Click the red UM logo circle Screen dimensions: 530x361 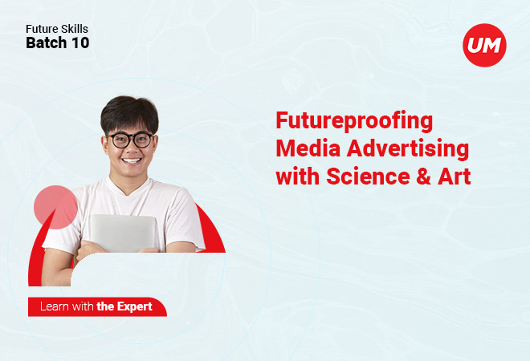point(484,45)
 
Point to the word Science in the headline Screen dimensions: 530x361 point(368,176)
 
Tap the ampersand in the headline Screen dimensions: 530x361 point(423,176)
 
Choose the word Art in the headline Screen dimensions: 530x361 point(455,176)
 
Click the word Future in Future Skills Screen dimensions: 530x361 point(39,29)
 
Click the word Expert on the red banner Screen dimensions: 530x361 point(135,307)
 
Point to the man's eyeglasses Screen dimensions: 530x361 point(131,140)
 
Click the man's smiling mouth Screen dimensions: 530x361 point(132,160)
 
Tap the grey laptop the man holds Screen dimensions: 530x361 point(124,233)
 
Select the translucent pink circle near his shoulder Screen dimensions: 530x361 point(55,207)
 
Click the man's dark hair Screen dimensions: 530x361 point(129,113)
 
